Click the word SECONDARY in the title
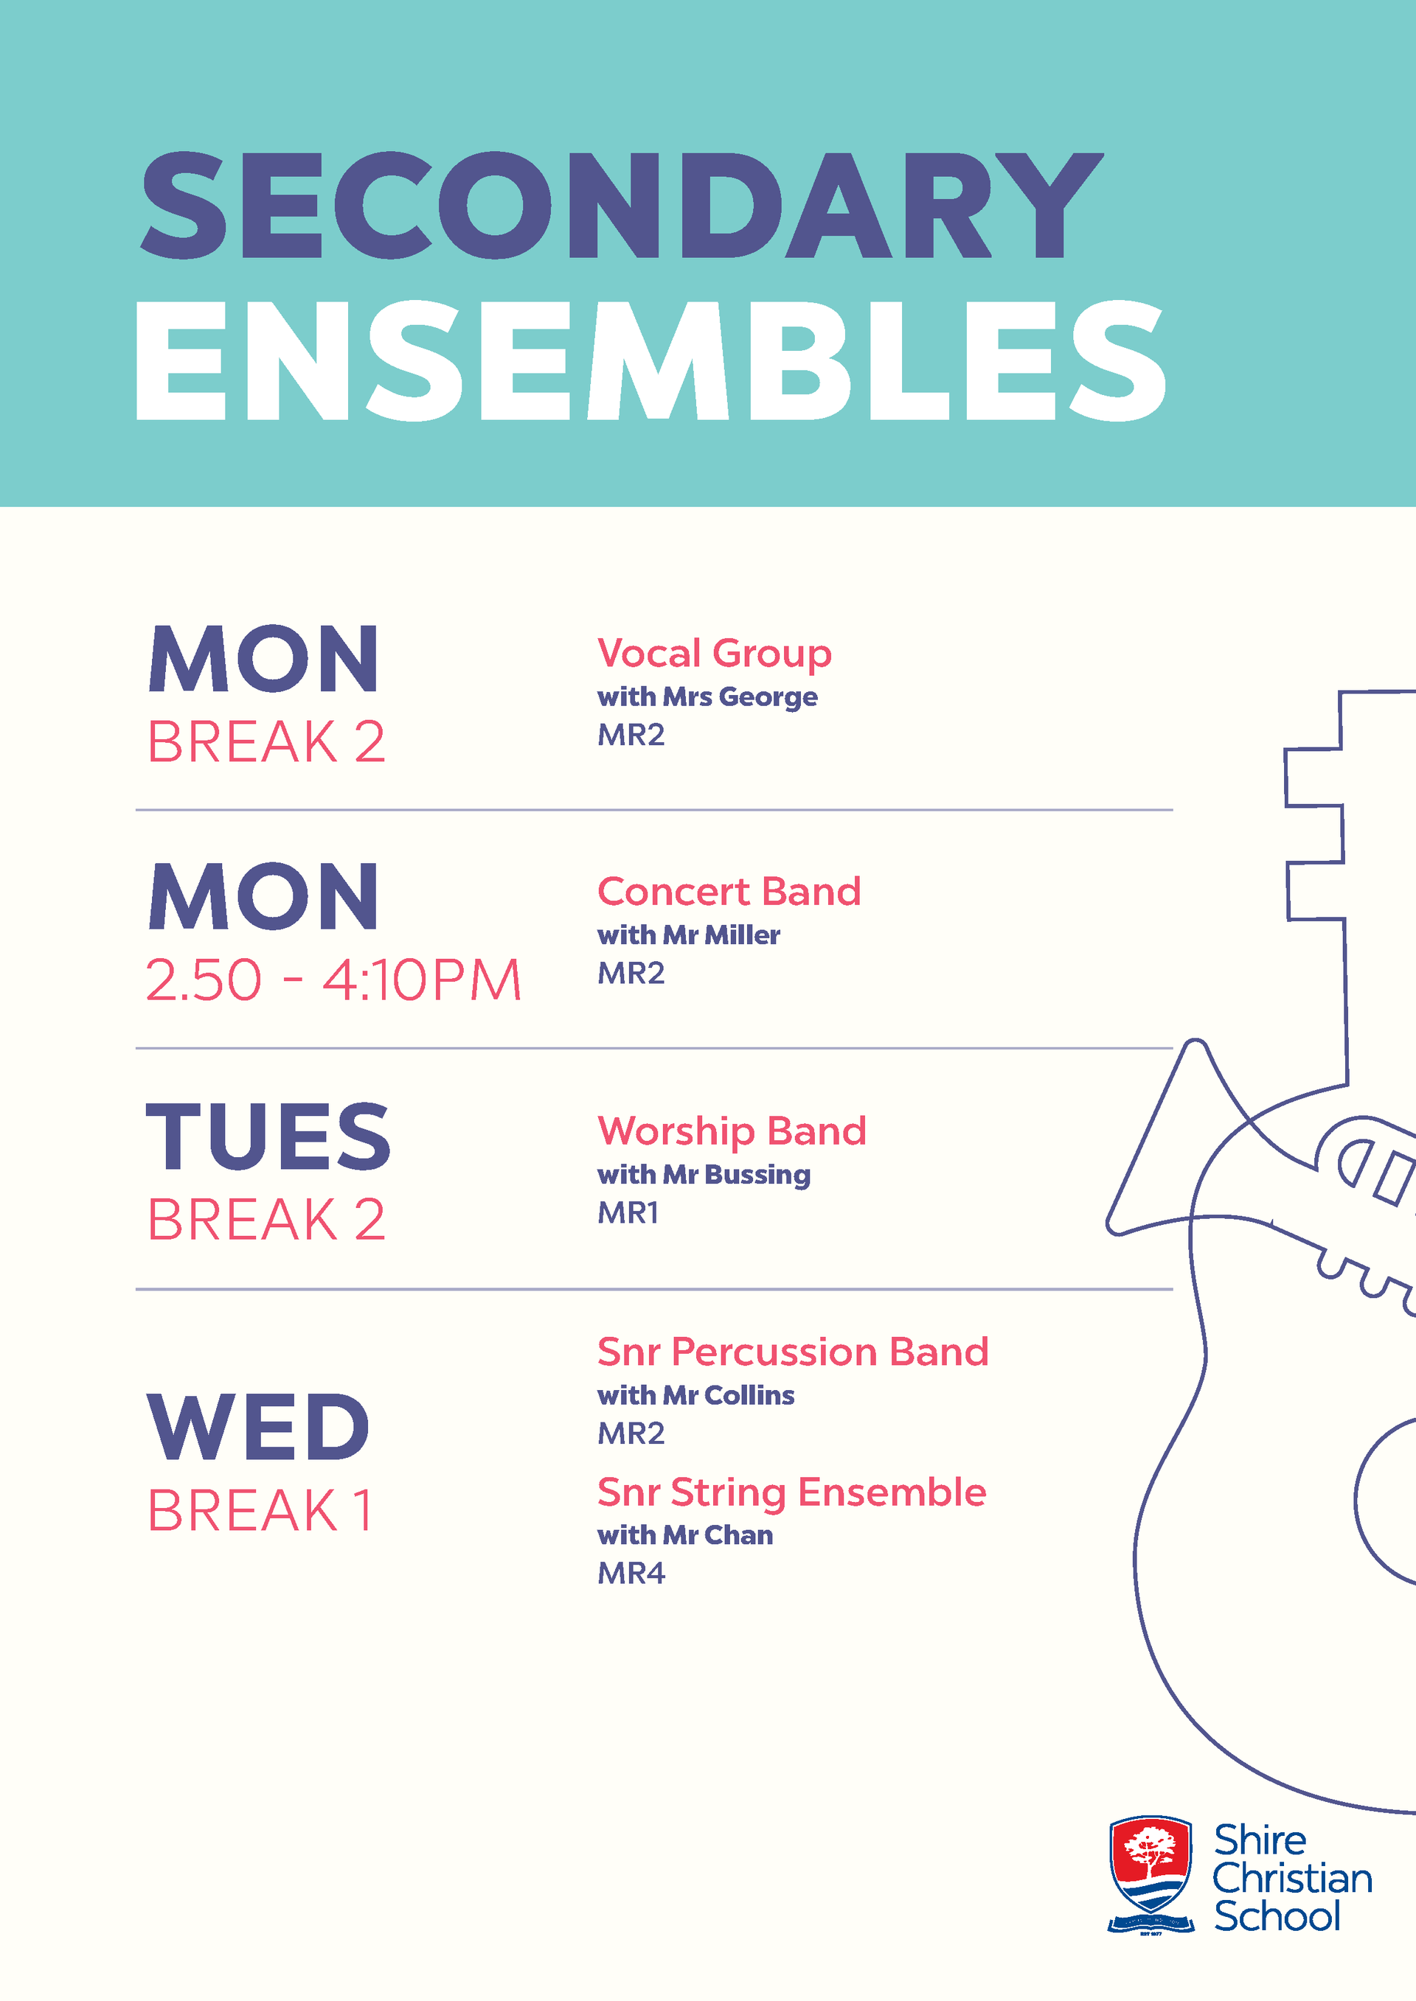tap(622, 206)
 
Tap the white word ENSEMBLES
tap(650, 361)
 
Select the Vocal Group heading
tap(714, 654)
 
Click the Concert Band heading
tap(729, 892)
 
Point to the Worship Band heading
tap(732, 1132)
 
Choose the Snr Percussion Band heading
tap(794, 1352)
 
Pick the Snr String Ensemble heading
tap(791, 1493)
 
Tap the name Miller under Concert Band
tap(742, 935)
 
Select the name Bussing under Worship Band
tap(757, 1176)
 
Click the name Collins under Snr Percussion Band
tap(749, 1395)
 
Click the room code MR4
tap(631, 1573)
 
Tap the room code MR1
tap(628, 1212)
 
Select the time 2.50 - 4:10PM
tap(333, 979)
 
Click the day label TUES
tap(268, 1136)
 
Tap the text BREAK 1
tap(260, 1510)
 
